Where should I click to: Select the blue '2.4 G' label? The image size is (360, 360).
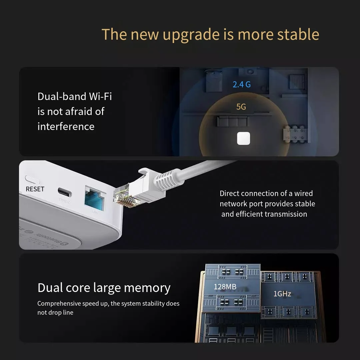click(242, 84)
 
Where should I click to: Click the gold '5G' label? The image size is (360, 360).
click(241, 107)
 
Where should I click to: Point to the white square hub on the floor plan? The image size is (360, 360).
click(243, 138)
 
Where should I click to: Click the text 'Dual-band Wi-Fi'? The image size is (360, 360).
click(75, 96)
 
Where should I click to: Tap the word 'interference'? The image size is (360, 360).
click(66, 126)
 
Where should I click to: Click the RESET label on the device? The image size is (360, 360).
click(35, 189)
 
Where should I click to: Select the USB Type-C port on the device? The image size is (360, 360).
click(63, 192)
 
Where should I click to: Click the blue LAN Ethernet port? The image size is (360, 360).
click(95, 198)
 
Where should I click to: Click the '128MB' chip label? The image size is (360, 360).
click(225, 287)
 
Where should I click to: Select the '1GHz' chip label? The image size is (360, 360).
click(282, 294)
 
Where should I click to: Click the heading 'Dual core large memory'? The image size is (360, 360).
click(104, 288)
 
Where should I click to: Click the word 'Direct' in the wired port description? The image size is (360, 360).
click(229, 193)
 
